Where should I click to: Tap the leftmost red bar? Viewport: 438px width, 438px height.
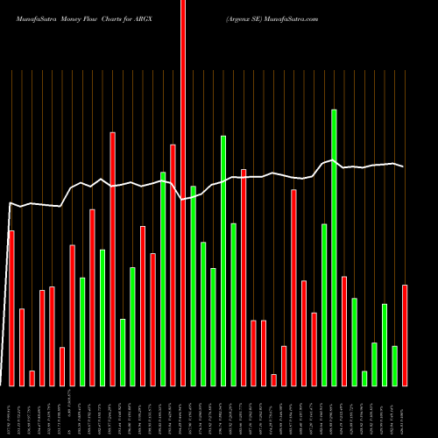(11, 307)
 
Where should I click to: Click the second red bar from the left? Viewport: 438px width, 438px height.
(22, 347)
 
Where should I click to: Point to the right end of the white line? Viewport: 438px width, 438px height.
(404, 166)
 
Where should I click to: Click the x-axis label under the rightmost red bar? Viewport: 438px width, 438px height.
(405, 412)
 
